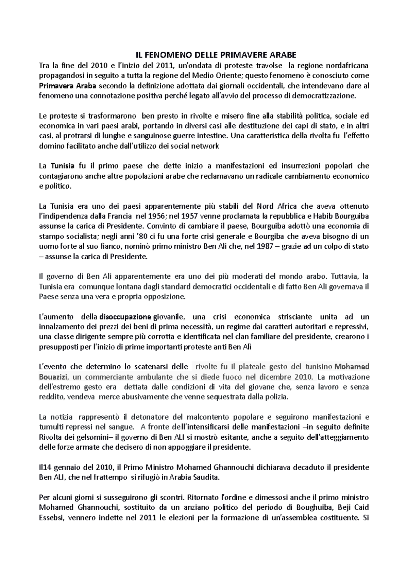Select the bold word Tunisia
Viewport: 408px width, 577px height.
pos(62,166)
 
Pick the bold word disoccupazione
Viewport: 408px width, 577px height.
pos(125,317)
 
